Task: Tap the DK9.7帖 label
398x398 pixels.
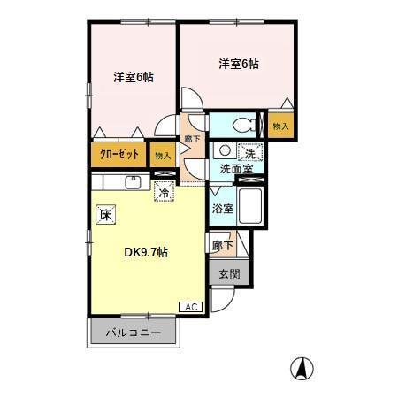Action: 145,252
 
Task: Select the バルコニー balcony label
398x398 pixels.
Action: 134,333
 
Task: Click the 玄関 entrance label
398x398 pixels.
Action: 228,274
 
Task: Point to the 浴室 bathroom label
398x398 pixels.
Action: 223,210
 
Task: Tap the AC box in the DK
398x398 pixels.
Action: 190,306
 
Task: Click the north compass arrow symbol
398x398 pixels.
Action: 302,366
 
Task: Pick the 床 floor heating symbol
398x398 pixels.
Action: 105,213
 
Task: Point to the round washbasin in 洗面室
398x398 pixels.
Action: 225,150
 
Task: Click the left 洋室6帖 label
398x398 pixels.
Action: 134,77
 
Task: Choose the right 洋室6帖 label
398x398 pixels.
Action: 239,64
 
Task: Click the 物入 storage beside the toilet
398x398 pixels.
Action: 281,126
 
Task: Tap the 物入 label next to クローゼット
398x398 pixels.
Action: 163,156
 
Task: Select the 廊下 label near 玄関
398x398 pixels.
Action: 222,245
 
